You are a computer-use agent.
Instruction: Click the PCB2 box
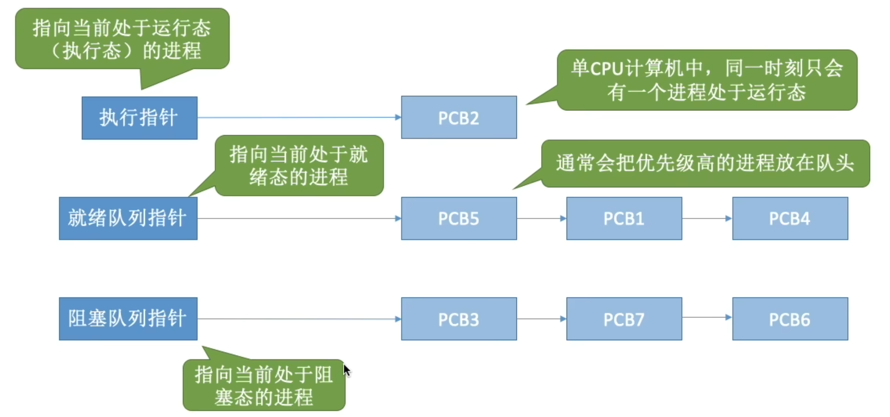coord(459,118)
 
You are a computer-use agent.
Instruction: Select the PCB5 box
coord(459,218)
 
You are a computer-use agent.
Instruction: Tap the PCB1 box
coord(624,218)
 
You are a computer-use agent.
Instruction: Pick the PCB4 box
coord(790,218)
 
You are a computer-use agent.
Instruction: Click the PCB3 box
coord(459,319)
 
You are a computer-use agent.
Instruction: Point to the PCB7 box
coord(624,319)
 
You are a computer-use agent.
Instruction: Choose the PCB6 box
coord(790,319)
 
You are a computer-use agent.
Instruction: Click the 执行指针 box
coord(140,118)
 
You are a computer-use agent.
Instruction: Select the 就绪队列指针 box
coord(128,218)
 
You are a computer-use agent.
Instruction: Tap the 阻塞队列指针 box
coord(128,319)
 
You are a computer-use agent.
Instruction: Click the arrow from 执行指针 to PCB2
coord(299,118)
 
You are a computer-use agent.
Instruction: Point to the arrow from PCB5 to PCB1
coord(542,218)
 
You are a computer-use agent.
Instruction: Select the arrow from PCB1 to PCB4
coord(707,218)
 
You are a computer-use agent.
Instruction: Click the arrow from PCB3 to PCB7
coord(542,319)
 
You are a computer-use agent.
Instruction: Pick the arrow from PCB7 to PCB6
coord(707,317)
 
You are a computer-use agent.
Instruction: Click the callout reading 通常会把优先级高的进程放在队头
coord(705,164)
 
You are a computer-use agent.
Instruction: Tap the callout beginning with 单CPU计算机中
coord(707,80)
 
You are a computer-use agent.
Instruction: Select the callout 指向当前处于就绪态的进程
coord(299,166)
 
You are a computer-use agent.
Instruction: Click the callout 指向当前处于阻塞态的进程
coord(264,385)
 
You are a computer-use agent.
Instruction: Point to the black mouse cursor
coord(346,370)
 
